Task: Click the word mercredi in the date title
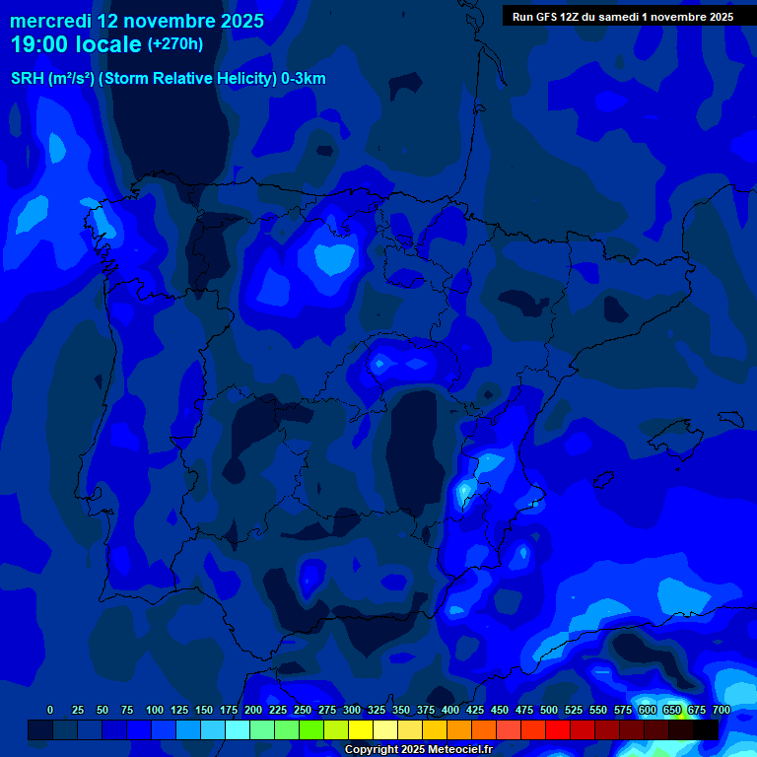[x=50, y=21]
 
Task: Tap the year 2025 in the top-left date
[x=236, y=21]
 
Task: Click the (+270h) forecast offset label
[x=174, y=44]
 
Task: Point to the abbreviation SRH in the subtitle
[x=27, y=79]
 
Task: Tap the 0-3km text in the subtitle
[x=304, y=79]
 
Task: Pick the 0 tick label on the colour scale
[x=50, y=710]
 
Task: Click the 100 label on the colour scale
[x=155, y=710]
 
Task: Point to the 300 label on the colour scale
[x=352, y=710]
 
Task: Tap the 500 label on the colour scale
[x=549, y=710]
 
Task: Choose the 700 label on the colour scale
[x=722, y=710]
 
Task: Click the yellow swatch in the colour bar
[x=361, y=729]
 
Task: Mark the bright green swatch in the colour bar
[x=311, y=729]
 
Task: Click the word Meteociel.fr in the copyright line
[x=460, y=750]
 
